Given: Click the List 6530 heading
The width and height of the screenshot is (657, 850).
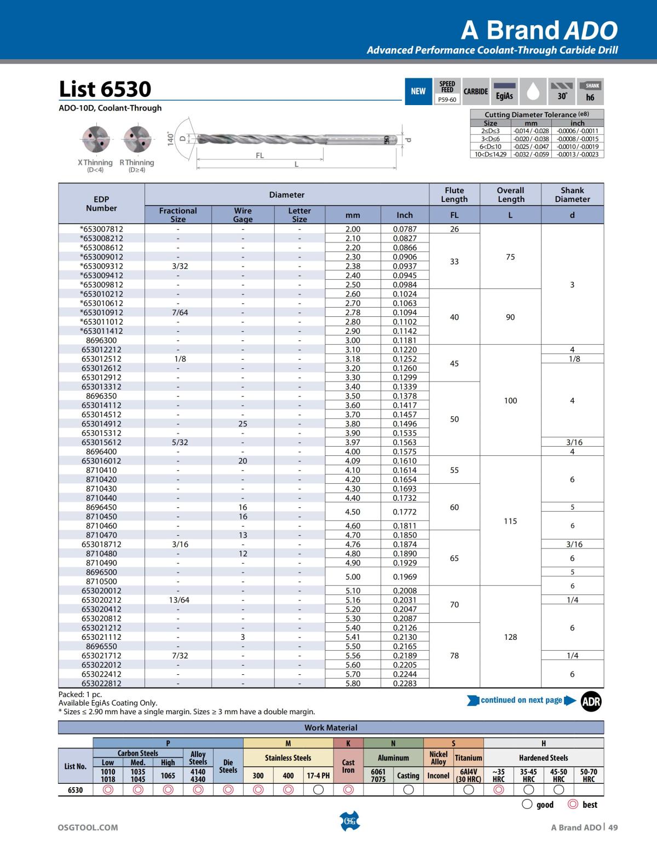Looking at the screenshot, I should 105,89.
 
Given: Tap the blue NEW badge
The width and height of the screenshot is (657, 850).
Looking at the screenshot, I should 418,91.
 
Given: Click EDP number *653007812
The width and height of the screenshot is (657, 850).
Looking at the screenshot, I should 101,229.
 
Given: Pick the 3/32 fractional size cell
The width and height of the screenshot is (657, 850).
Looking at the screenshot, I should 178,266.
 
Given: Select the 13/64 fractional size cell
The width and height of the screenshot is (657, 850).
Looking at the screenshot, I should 178,600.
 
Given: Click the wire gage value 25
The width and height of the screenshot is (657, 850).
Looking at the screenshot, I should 243,424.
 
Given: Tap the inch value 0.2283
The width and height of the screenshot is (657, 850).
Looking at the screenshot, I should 405,683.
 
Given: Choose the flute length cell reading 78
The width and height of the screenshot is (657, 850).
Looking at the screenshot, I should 454,655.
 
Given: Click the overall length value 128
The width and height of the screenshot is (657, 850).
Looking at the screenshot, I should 510,637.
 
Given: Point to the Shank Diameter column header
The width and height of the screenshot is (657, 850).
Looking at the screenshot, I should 572,195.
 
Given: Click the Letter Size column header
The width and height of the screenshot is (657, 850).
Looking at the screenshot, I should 299,215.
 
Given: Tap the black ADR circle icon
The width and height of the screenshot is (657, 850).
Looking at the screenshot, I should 591,701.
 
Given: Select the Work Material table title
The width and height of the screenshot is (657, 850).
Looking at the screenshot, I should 331,727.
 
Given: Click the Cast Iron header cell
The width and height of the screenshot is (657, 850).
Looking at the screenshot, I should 348,766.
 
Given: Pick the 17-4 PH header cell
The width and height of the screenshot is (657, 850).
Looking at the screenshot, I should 318,776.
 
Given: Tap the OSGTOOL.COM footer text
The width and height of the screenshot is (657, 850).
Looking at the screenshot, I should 88,828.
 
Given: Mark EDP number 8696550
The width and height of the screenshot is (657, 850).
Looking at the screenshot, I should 101,646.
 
